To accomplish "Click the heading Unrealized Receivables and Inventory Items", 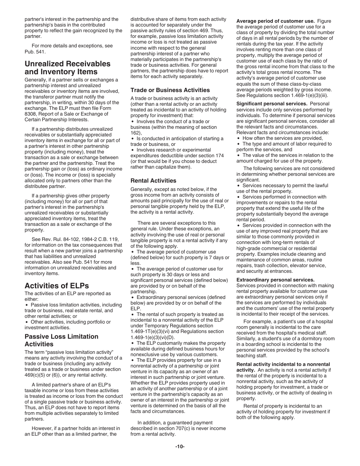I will pyautogui.click(x=67, y=68).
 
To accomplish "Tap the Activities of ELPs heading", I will pyautogui.click(x=56, y=285).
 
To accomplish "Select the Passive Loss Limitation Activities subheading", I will pyautogui.click(x=61, y=340).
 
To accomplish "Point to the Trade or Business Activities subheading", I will pyautogui.click(x=170, y=90).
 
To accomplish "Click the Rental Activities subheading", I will pyautogui.click(x=153, y=181).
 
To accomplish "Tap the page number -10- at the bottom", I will pyautogui.click(x=180, y=447).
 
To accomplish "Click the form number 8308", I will pyautogui.click(x=30, y=114).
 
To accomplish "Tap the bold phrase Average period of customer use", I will pyautogui.click(x=275, y=21).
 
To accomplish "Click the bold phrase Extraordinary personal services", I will pyautogui.click(x=275, y=280).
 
